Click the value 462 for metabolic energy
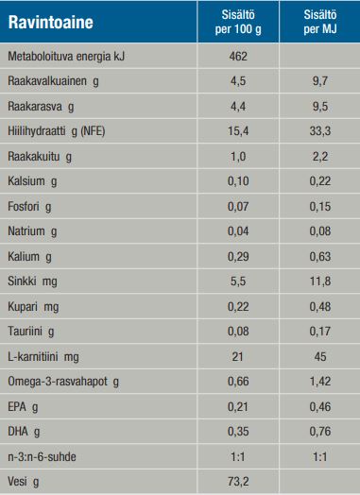pyautogui.click(x=237, y=58)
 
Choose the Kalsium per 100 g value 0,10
pyautogui.click(x=237, y=180)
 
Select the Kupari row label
pyautogui.click(x=32, y=307)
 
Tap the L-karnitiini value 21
pyautogui.click(x=237, y=356)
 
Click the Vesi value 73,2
pyautogui.click(x=237, y=481)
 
